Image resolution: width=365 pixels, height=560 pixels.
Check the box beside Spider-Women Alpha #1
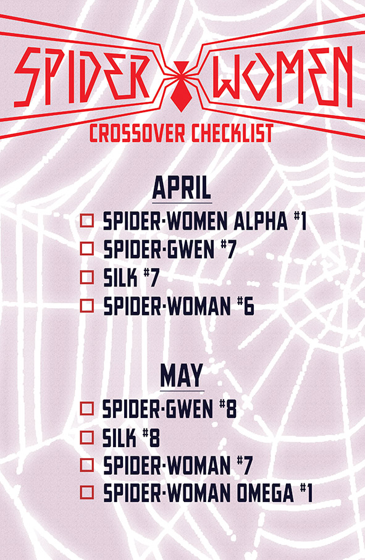[x=87, y=220]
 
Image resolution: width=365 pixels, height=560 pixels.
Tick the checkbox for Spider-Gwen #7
[x=87, y=248]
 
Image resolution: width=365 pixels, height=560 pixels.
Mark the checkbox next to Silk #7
[x=87, y=277]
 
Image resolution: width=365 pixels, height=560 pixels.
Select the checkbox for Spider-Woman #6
[x=87, y=306]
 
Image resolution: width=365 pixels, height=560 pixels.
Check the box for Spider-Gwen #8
[x=87, y=409]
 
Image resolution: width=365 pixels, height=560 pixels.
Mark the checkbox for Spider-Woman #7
[x=87, y=465]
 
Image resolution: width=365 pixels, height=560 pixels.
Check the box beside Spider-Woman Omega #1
[x=87, y=492]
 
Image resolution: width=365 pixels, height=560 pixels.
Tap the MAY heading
[x=182, y=376]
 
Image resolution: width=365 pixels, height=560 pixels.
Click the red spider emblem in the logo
[x=181, y=86]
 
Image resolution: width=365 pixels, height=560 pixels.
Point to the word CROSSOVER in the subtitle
[x=137, y=133]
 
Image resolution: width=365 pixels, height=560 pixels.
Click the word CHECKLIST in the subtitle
[x=232, y=133]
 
